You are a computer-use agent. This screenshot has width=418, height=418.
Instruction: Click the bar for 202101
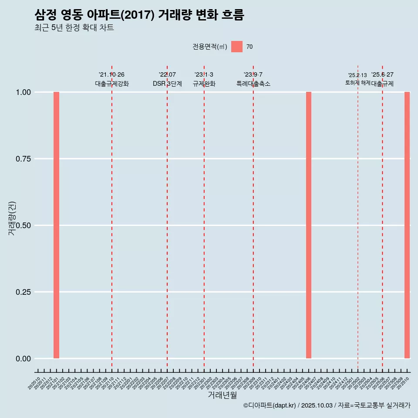(56, 225)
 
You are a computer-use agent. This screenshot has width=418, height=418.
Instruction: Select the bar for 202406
(309, 225)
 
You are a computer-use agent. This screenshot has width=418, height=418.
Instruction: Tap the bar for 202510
(407, 225)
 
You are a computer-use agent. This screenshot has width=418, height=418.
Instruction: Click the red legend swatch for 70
(237, 47)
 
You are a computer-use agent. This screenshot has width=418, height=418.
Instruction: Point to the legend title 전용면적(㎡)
(209, 47)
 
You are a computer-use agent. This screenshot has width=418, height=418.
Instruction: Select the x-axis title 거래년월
(222, 395)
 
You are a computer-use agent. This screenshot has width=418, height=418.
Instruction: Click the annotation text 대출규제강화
(112, 84)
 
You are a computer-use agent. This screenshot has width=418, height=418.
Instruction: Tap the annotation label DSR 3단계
(167, 84)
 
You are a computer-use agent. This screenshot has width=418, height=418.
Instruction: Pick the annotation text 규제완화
(204, 84)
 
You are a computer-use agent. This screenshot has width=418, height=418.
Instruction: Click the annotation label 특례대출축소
(253, 84)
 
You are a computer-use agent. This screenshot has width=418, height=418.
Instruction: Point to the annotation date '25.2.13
(357, 75)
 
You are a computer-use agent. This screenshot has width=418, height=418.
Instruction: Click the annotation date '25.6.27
(382, 74)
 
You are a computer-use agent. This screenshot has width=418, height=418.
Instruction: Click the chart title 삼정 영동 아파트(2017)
(139, 15)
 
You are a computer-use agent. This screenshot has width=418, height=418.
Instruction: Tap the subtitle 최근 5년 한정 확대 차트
(74, 28)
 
